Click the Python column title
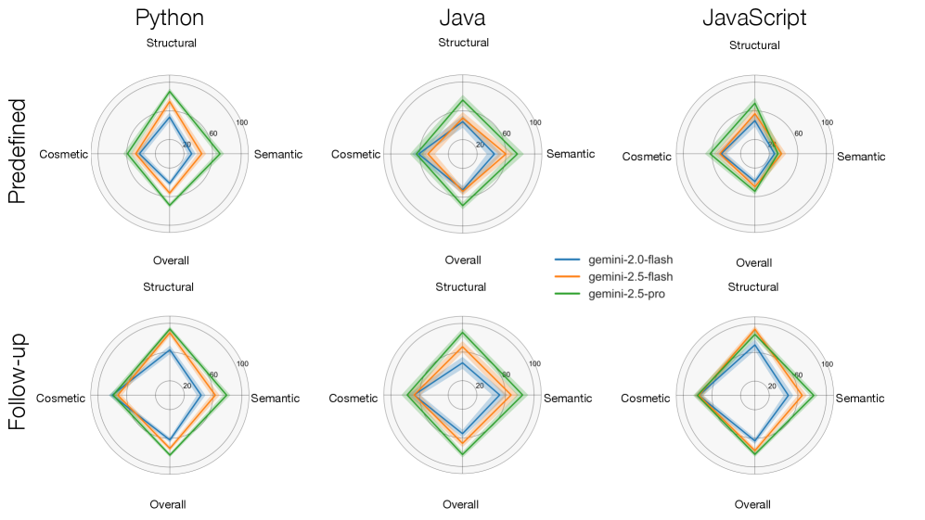170,18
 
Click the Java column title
462,18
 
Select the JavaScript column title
754,18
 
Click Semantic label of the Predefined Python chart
277,154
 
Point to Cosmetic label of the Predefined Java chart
355,154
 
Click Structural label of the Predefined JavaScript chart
754,45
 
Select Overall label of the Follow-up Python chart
168,504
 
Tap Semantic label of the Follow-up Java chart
567,399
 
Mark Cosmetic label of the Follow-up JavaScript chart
645,399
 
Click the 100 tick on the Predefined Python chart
242,122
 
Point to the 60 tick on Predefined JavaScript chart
798,133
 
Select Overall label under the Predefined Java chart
462,260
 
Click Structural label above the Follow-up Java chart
461,287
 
